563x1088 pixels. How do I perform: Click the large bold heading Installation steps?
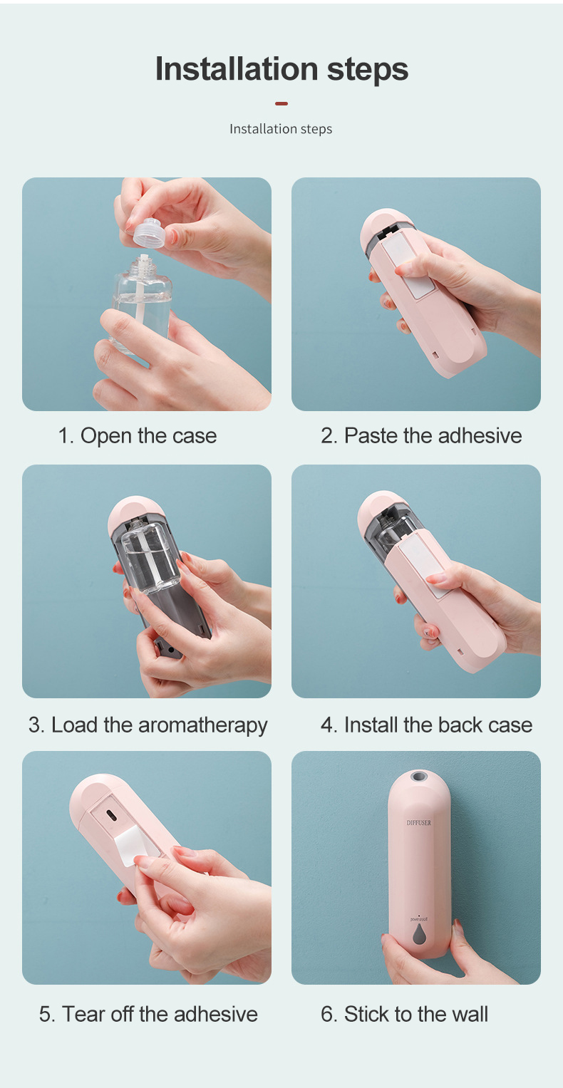coord(281,70)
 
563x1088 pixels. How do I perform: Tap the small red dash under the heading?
coord(281,104)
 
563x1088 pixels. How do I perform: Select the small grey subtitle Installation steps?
coord(281,129)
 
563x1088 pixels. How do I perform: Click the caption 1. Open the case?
coord(138,435)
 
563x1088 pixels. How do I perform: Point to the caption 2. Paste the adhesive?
coord(421,435)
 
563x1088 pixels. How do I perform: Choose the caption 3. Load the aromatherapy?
coord(148,725)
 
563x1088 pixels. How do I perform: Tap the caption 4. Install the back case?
coord(426,725)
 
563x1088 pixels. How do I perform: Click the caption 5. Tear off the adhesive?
coord(148,1013)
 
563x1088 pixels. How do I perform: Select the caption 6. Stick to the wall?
coord(404,1013)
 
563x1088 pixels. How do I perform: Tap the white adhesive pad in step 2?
coord(415,267)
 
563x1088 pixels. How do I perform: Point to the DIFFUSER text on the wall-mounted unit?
coord(418,823)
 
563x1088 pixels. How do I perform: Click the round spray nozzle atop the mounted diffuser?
coord(418,776)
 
